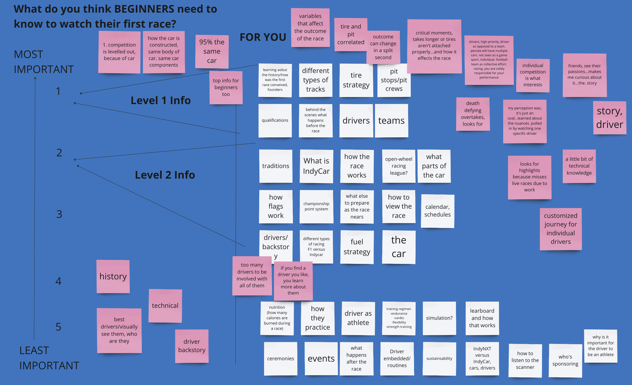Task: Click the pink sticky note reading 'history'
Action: point(113,276)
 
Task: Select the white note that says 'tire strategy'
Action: point(356,80)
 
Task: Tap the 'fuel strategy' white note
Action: point(356,247)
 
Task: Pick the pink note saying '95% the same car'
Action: point(212,51)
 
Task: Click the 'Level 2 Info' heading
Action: point(165,175)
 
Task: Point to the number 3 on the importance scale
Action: point(59,214)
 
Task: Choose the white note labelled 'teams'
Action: point(391,121)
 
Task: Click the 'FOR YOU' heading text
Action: point(263,37)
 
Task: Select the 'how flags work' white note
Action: point(276,206)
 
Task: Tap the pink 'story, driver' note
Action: point(610,118)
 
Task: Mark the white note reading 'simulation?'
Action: point(439,318)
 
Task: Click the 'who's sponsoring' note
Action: point(565,360)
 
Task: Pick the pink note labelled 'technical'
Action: point(165,305)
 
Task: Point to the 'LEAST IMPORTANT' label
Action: point(49,358)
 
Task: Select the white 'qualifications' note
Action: point(275,120)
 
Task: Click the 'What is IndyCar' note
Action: point(316,166)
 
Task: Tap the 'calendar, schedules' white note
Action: point(437,211)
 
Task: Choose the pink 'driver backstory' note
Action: point(192,346)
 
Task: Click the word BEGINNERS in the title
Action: point(144,9)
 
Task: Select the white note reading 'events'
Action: point(321,358)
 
